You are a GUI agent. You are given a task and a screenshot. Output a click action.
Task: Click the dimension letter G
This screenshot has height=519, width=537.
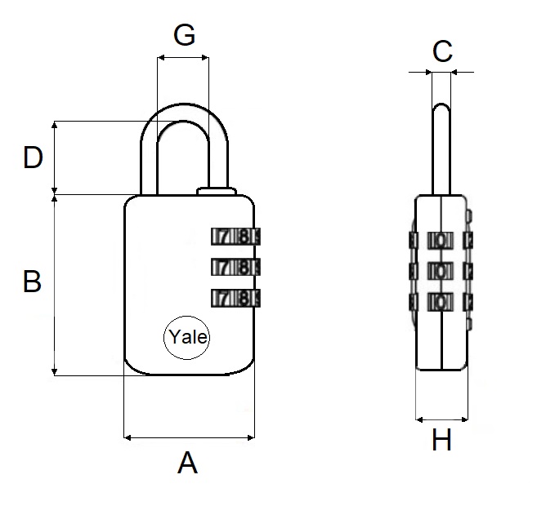(x=185, y=35)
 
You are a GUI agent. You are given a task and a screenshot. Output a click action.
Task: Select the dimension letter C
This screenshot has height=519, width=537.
(x=442, y=51)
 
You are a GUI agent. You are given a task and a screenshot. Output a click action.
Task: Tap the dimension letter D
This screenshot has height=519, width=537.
(x=33, y=157)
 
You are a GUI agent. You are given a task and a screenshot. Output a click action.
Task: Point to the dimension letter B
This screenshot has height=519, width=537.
(x=32, y=282)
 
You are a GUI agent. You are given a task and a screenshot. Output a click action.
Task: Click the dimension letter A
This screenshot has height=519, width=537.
(x=188, y=464)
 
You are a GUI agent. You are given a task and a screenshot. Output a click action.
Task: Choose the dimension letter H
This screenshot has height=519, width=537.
(x=441, y=441)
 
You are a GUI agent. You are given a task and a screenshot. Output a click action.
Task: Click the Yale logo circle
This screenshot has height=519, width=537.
(x=187, y=337)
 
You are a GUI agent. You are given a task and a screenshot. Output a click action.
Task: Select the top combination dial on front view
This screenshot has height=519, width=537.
(x=235, y=237)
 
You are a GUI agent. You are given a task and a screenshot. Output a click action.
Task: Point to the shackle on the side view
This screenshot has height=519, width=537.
(x=441, y=147)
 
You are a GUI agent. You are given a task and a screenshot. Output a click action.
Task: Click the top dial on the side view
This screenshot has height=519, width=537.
(x=441, y=240)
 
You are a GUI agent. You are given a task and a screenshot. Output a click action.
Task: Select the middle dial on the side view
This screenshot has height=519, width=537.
(x=441, y=270)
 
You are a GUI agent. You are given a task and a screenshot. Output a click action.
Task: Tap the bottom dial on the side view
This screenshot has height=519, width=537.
(x=441, y=302)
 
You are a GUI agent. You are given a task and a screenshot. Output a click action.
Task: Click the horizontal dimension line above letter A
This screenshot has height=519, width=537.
(x=189, y=438)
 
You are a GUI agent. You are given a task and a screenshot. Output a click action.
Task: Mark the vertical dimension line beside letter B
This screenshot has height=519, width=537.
(x=56, y=286)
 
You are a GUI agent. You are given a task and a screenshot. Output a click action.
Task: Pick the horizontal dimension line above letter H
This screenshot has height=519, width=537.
(x=441, y=419)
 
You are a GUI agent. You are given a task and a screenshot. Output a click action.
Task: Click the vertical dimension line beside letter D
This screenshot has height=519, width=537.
(x=56, y=157)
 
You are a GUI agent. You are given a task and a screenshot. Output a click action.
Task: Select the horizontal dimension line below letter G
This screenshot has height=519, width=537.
(x=183, y=58)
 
